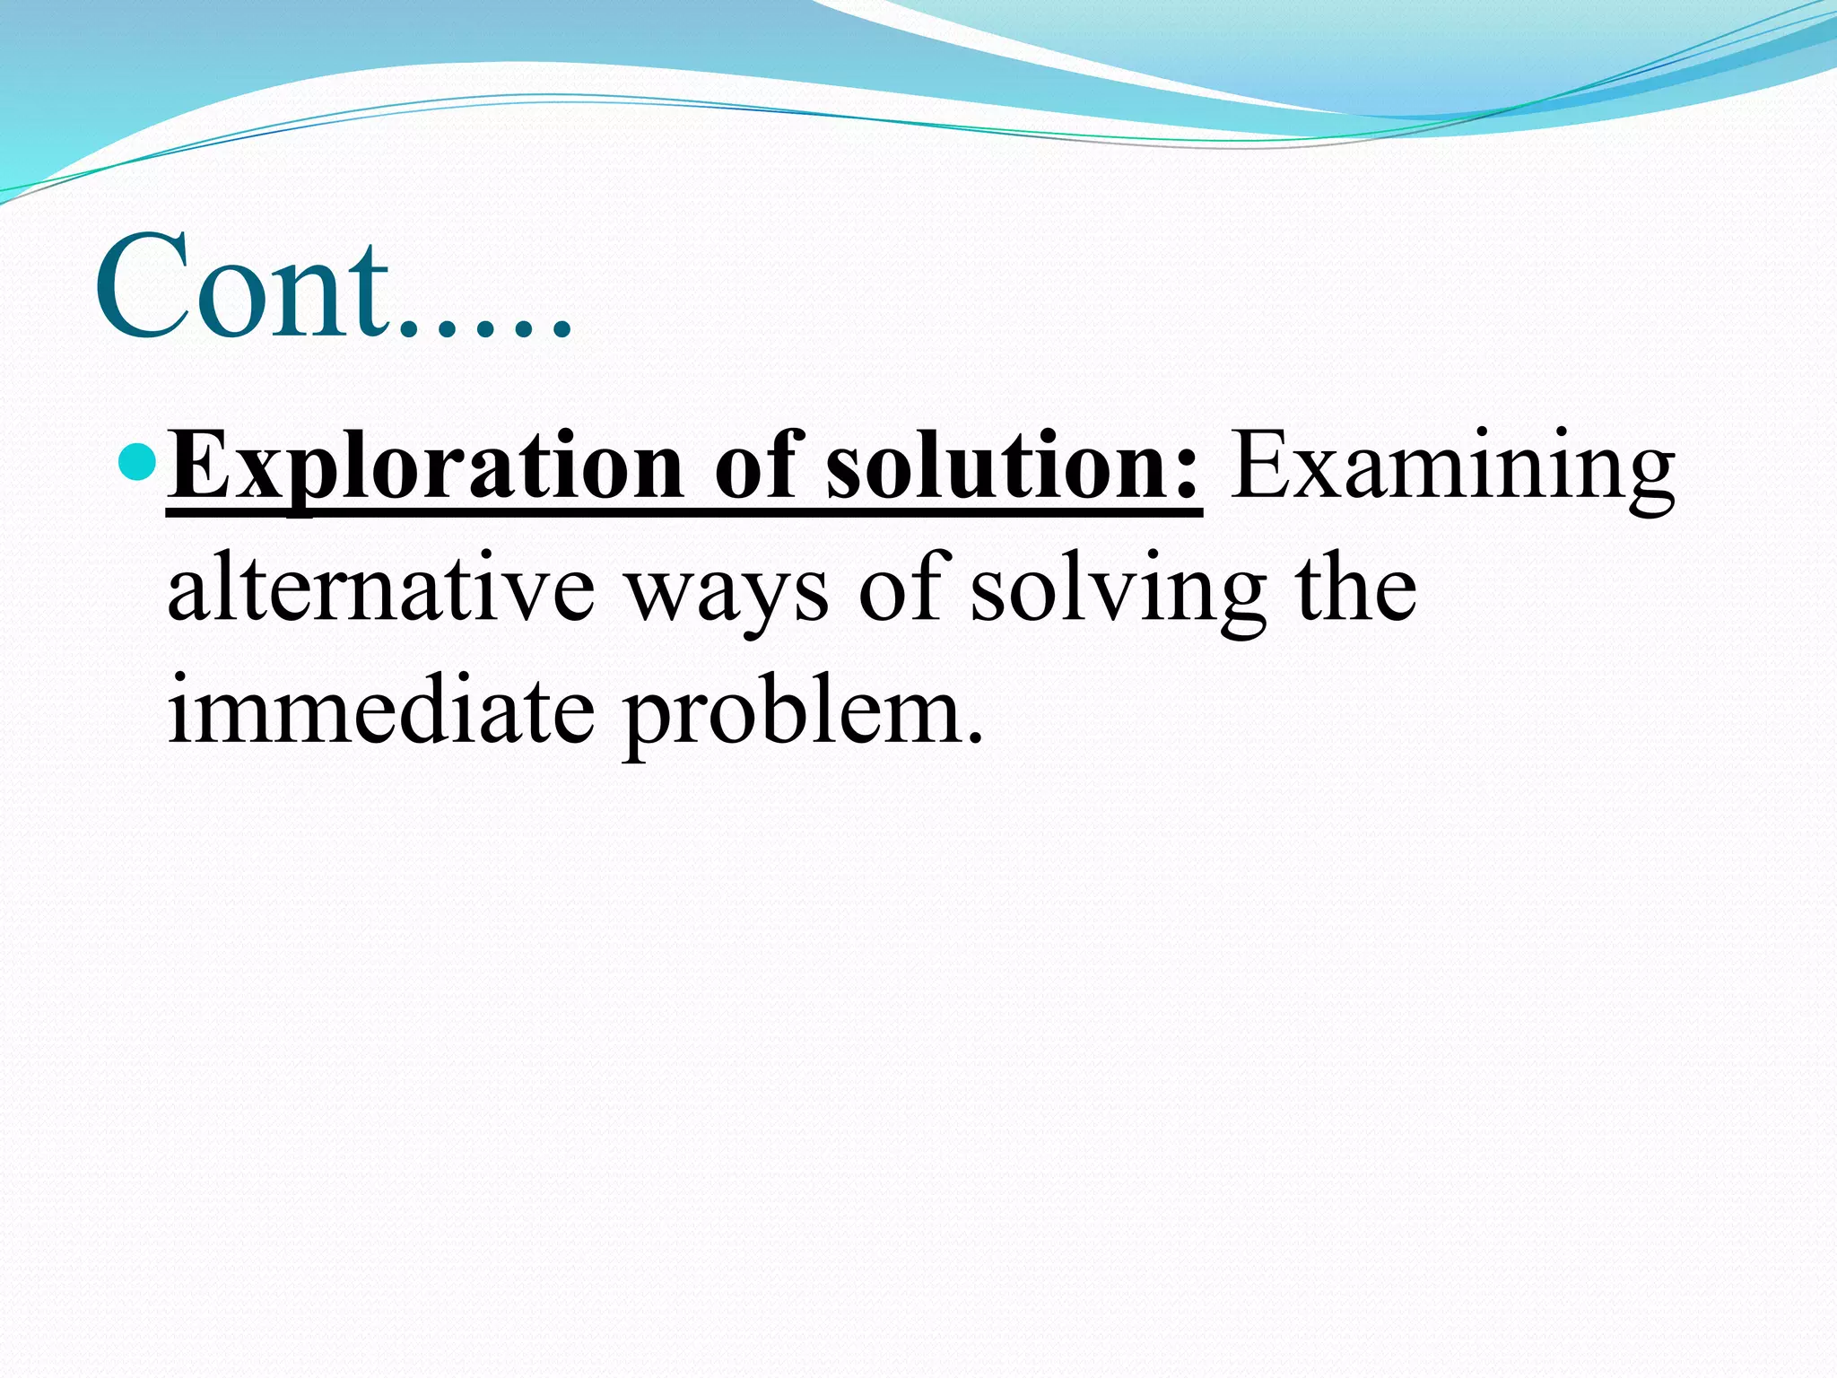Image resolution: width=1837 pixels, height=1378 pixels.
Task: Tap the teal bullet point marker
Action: [x=137, y=463]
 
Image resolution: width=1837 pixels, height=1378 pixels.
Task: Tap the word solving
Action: [x=1118, y=592]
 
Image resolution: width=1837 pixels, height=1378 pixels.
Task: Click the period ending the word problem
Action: [x=976, y=740]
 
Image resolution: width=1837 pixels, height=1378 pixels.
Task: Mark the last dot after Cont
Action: [x=561, y=332]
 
